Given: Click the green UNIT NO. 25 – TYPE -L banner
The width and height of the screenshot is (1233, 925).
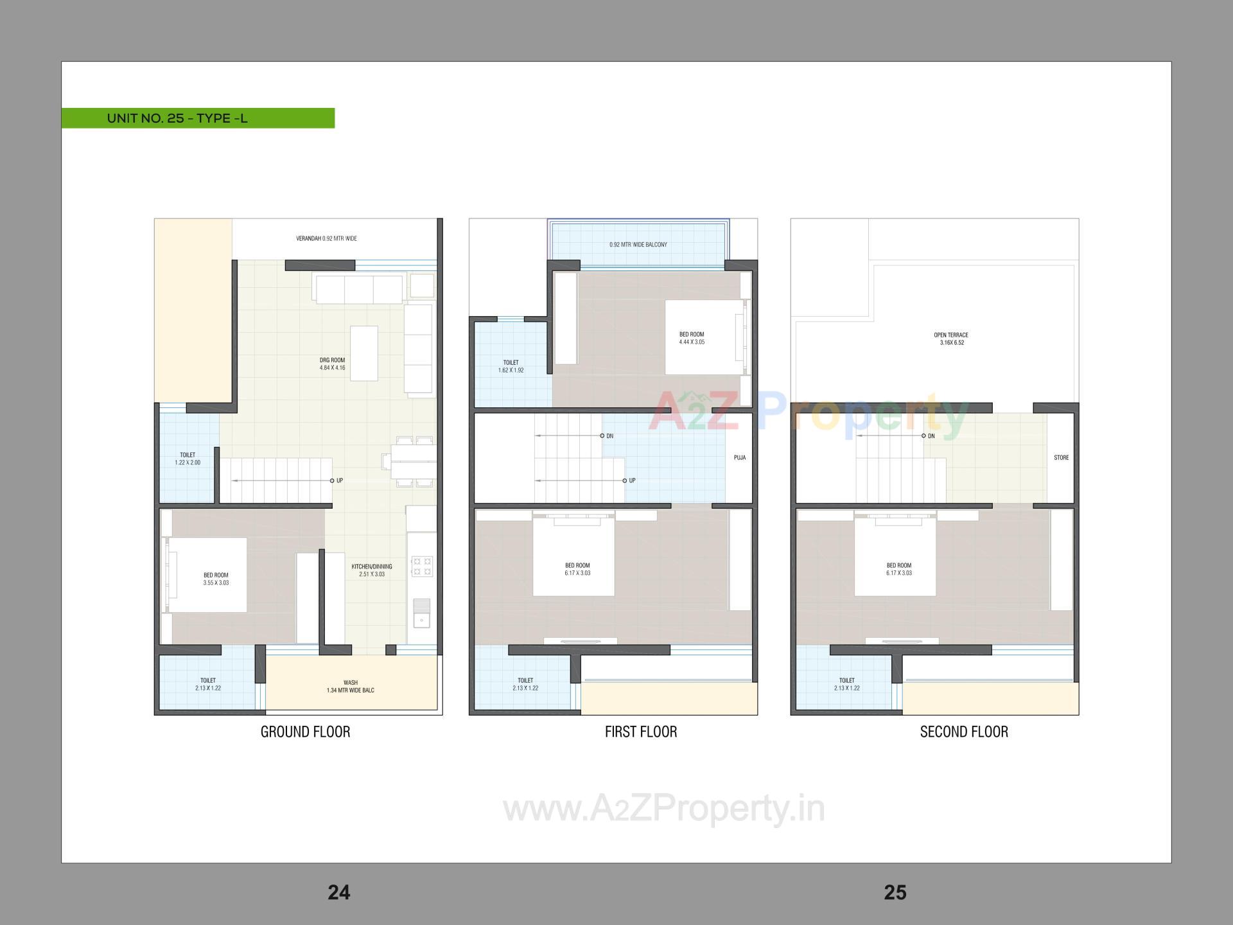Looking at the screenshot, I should tap(198, 118).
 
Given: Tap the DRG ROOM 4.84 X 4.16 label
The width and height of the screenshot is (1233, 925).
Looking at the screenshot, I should tap(332, 364).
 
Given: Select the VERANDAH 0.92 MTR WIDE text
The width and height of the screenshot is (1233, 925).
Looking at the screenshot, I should tap(326, 238).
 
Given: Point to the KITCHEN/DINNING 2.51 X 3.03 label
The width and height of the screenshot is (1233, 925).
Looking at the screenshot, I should tap(371, 570).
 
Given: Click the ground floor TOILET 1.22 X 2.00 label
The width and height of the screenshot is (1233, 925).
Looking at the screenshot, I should tap(188, 459).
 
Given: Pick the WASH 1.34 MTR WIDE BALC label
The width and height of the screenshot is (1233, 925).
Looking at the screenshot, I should tap(350, 687).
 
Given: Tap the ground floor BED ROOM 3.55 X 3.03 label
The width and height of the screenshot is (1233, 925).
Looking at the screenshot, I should tap(216, 579).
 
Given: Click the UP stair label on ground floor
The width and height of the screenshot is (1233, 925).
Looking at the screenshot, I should tap(339, 480).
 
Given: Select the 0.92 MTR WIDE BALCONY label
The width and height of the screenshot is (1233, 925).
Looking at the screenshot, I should tap(638, 245).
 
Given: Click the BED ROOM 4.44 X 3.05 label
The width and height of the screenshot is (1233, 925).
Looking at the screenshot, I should tap(692, 338).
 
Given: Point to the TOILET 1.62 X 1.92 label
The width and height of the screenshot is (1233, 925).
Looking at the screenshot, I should tap(511, 366).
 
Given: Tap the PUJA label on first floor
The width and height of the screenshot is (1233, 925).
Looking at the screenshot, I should tap(740, 458).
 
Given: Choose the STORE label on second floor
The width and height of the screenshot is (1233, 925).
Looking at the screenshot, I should tap(1061, 458).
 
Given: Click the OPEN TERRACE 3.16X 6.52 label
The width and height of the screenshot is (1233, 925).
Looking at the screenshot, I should tap(951, 339).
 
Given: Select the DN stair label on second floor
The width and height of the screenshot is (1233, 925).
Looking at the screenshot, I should tap(931, 436).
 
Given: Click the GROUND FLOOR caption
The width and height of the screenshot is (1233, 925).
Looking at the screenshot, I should tap(305, 732).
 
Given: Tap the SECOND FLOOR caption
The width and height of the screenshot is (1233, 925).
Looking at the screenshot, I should tap(964, 732).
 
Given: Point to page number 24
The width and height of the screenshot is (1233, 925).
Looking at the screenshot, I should tap(338, 892).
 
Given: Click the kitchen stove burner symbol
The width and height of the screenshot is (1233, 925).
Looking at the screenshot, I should tap(422, 567).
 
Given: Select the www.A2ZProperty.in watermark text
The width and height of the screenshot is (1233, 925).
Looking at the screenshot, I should tap(663, 809).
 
